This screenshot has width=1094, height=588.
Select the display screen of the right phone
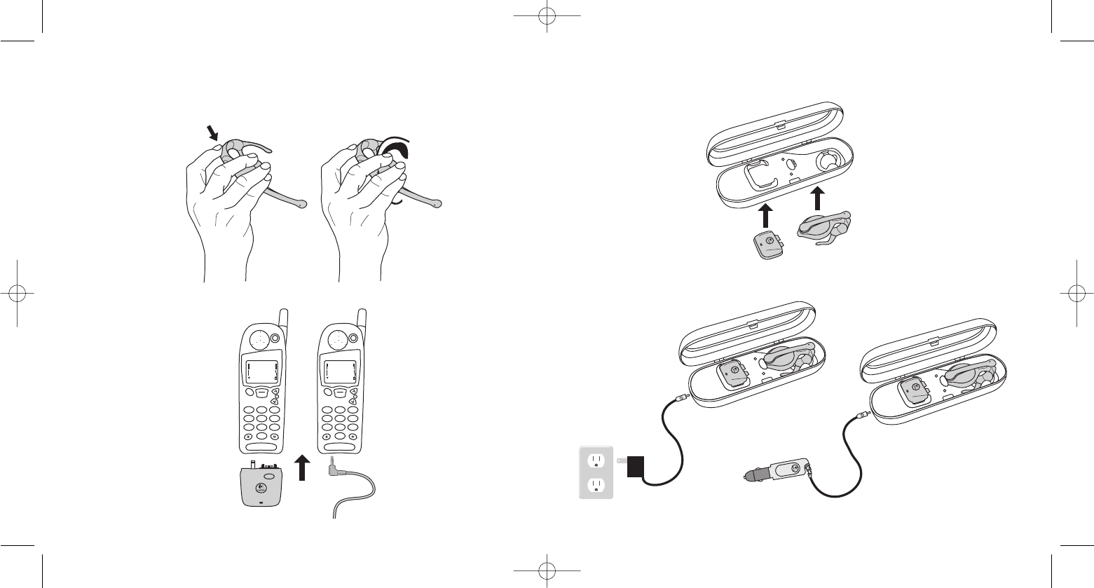(339, 370)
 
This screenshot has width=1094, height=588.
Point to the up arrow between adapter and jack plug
(302, 466)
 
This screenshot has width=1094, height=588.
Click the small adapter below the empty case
(768, 245)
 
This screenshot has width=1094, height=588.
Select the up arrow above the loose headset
(817, 198)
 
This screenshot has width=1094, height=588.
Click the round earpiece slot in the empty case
(829, 160)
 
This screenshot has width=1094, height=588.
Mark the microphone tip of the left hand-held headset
(302, 205)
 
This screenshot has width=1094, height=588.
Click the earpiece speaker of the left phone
(260, 338)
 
